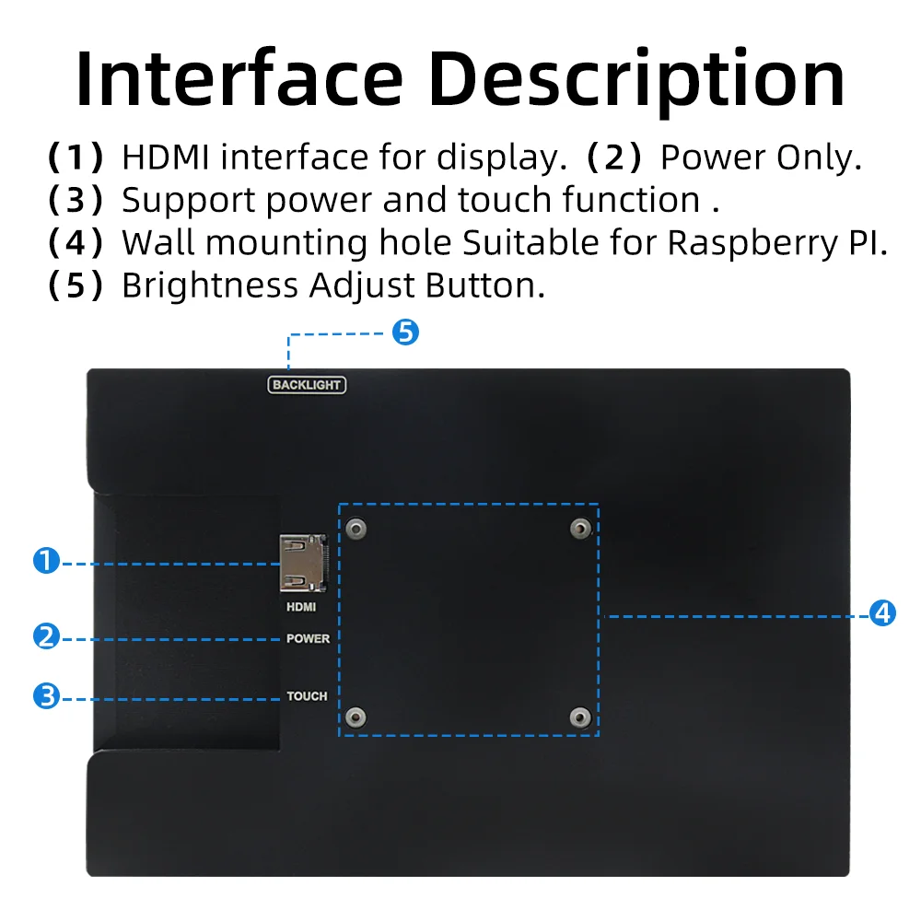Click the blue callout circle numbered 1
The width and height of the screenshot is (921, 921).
pos(46,560)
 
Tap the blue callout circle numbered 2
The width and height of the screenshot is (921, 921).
pos(46,636)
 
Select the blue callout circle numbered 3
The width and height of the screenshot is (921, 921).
pos(46,696)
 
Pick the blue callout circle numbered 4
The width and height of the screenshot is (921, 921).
pos(882,613)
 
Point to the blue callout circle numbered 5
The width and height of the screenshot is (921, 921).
pos(405,332)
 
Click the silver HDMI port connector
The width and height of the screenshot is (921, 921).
pos(303,563)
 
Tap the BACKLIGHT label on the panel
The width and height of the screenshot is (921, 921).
pos(307,385)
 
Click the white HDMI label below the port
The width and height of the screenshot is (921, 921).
pos(301,607)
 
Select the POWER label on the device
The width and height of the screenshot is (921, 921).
pos(309,638)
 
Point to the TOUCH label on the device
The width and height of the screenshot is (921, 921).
pos(308,696)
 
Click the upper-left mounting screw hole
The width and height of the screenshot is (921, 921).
pos(356,528)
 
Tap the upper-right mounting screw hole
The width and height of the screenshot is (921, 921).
pos(581,528)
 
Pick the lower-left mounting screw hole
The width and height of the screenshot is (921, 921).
pos(356,717)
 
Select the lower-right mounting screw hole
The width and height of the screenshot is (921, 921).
pos(581,717)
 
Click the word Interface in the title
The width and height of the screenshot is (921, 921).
pos(239,78)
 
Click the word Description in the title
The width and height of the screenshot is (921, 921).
pos(636,82)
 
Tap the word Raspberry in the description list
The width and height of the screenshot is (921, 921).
pos(753,243)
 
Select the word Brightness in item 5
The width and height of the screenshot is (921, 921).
pos(210,286)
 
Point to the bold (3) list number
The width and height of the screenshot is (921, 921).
pos(76,200)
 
